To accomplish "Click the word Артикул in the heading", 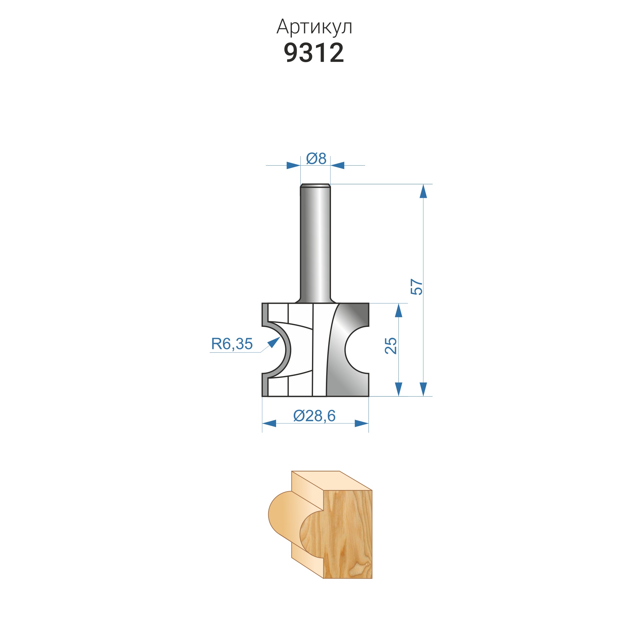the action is [314, 27].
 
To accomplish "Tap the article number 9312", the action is [314, 53].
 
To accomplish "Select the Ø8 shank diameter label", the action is [316, 158].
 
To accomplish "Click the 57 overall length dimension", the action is [417, 287].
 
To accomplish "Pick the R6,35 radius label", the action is [232, 344].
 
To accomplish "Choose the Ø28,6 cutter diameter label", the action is [315, 416].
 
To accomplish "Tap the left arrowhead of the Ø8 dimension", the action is [293, 165].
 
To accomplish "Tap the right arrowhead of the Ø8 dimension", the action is [337, 165].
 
